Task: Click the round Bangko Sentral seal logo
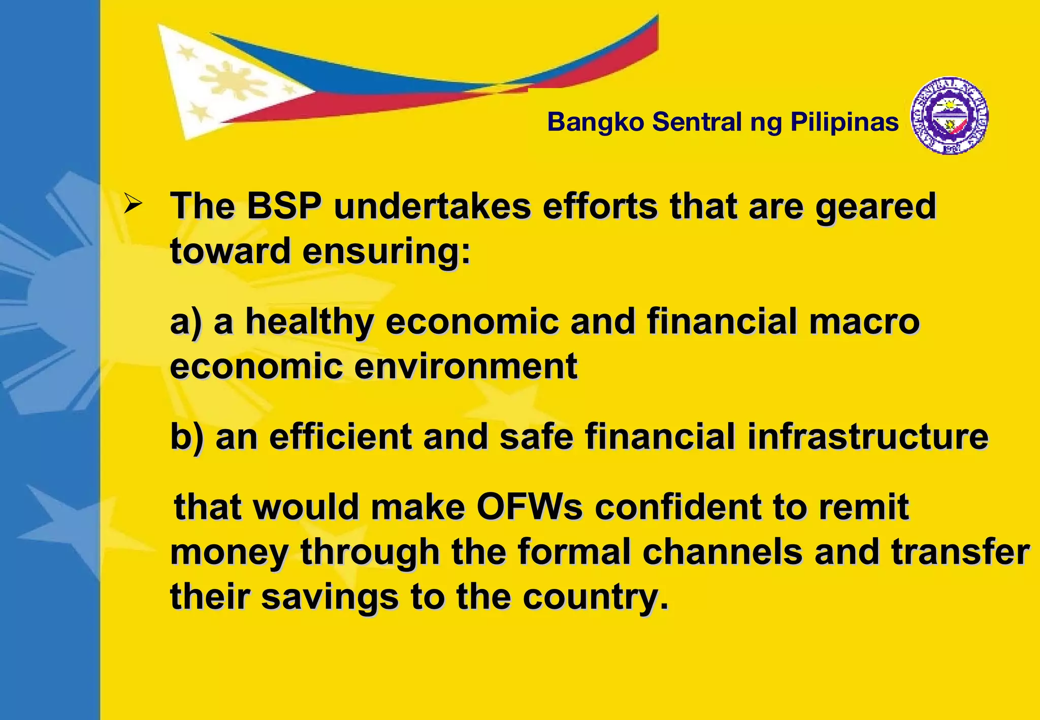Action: tap(950, 116)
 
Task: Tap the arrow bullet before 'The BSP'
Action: tap(133, 205)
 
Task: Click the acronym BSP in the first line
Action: tap(284, 206)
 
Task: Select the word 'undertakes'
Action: tap(432, 206)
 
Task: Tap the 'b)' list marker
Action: tap(186, 437)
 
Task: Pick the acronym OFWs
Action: tap(530, 507)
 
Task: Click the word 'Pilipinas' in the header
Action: tap(844, 122)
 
